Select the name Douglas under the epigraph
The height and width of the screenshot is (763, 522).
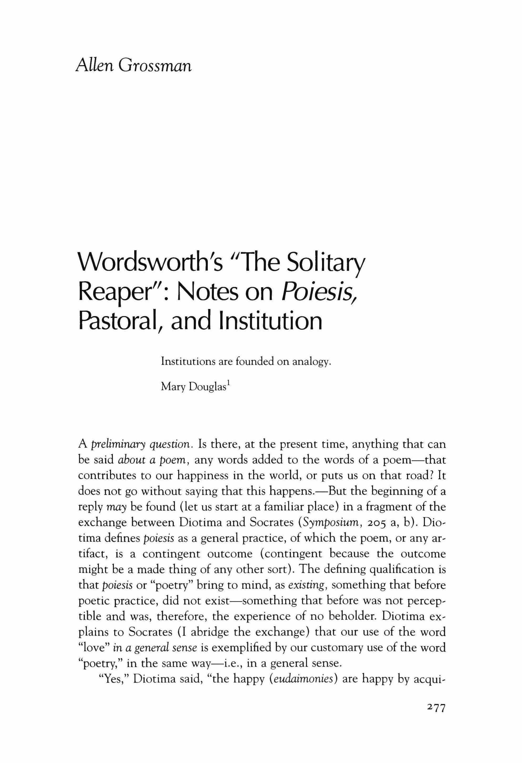[x=207, y=387]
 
